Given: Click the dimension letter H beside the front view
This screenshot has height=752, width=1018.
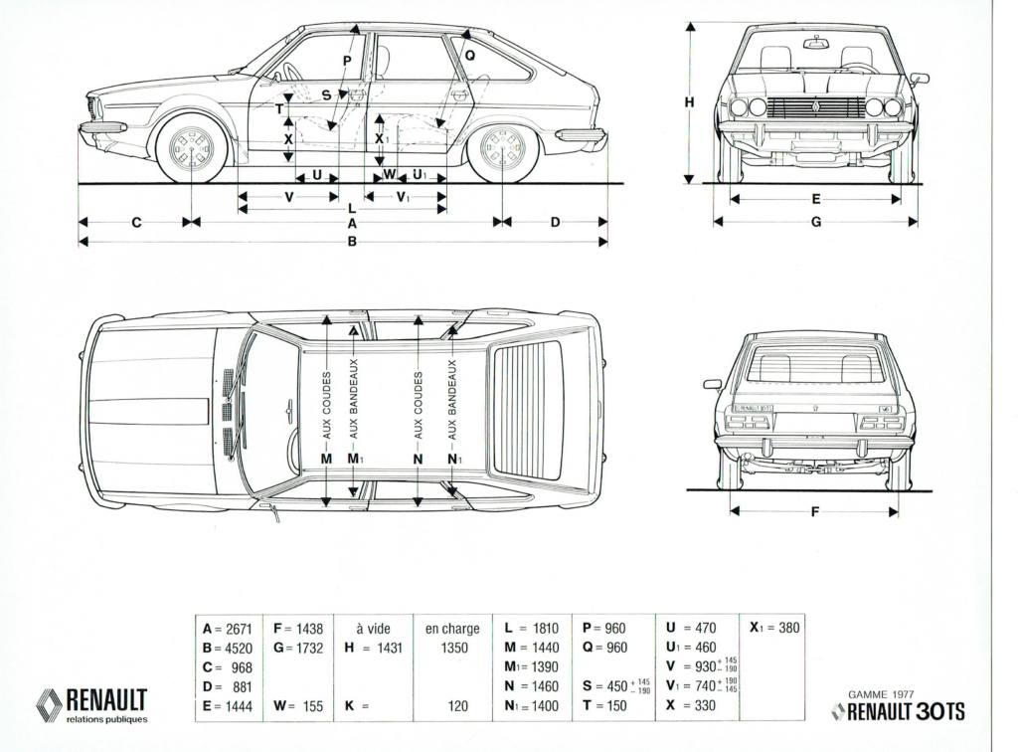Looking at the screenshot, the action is click(689, 101).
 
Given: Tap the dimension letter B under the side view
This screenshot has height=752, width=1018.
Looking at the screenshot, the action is click(352, 243).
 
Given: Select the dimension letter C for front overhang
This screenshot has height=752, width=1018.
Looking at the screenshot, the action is click(136, 223).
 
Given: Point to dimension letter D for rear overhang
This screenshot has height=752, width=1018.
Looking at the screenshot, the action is click(555, 223).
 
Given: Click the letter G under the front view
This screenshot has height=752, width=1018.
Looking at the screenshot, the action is click(815, 222).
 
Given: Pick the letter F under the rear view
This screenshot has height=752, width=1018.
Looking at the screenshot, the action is click(815, 512).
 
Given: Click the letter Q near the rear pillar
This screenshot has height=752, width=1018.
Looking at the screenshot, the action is click(470, 55).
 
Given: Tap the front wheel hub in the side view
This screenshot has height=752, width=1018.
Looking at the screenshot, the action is click(193, 149).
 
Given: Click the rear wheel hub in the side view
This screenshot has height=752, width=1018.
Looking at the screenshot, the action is click(503, 149).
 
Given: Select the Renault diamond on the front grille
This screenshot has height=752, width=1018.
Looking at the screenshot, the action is click(816, 107).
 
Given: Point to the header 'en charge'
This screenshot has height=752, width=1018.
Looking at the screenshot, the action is click(452, 629).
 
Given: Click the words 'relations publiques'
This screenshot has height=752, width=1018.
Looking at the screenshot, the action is click(107, 719).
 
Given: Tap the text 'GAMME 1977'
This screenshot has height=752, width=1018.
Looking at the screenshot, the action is click(881, 694).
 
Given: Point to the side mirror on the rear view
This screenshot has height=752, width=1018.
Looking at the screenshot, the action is click(711, 384).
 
